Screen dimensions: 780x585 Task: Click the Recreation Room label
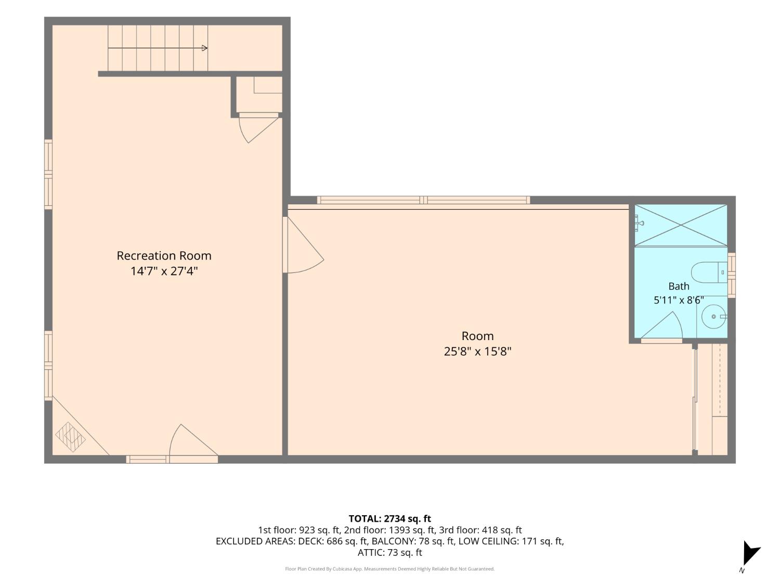[164, 256]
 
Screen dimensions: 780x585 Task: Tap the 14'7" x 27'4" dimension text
[164, 271]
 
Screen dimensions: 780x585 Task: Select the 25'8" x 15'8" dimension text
[477, 352]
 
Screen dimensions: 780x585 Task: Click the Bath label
[679, 286]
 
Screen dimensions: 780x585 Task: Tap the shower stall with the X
[681, 225]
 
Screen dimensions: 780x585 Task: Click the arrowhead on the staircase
[205, 48]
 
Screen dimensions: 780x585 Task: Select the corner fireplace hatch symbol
[70, 437]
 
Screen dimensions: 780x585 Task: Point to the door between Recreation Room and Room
[302, 245]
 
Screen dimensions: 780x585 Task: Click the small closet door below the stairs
[258, 128]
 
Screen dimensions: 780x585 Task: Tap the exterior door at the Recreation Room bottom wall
[193, 443]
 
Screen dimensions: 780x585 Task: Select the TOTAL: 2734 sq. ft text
[390, 519]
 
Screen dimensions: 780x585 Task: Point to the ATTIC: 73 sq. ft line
[390, 553]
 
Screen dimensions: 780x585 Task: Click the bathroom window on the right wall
[731, 275]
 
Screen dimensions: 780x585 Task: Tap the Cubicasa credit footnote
[390, 569]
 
